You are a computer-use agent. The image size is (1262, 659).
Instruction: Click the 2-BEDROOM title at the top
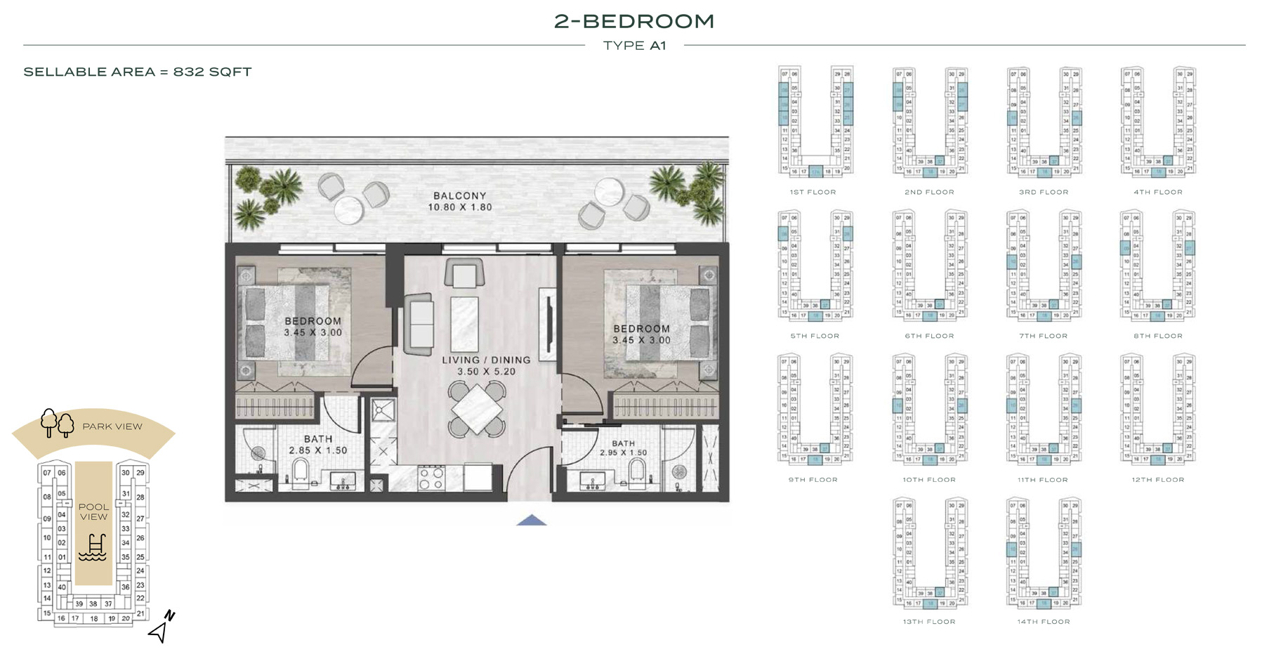(x=633, y=21)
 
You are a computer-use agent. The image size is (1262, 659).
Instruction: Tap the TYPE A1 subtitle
(x=634, y=46)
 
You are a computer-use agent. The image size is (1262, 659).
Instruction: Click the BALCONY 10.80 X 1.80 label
(x=459, y=202)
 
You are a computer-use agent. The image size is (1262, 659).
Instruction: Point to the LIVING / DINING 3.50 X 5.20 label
(x=486, y=365)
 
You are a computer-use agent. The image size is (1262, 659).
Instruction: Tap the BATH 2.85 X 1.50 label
(x=317, y=445)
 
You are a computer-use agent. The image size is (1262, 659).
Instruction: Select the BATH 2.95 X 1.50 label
(x=623, y=448)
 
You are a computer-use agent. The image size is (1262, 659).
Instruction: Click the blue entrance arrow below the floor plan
(x=532, y=521)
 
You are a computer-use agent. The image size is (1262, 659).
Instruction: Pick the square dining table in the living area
(x=477, y=408)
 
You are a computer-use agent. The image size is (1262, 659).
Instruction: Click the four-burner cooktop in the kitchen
(x=430, y=478)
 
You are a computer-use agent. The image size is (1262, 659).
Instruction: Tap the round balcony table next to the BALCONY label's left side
(x=348, y=209)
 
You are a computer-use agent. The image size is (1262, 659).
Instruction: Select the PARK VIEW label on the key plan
(x=112, y=426)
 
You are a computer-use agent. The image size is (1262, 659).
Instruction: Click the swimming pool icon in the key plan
(x=93, y=548)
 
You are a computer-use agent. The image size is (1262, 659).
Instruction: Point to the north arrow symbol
(x=162, y=627)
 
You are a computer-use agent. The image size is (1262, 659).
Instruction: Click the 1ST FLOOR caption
(x=813, y=192)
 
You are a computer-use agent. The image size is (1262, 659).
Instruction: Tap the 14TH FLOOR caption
(x=1044, y=622)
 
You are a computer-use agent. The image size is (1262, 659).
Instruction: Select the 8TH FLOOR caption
(x=1157, y=336)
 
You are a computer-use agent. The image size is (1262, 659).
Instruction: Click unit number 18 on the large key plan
(x=94, y=619)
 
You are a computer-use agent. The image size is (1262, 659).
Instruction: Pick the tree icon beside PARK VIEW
(x=57, y=423)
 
